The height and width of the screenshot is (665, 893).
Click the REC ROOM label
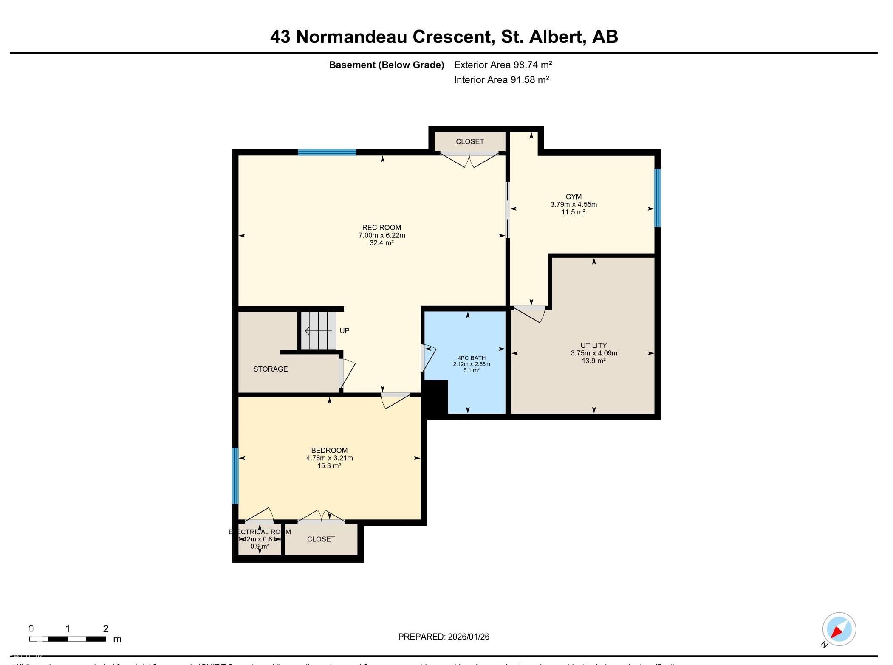(x=382, y=228)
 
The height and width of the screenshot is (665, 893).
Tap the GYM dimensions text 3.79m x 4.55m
(x=574, y=204)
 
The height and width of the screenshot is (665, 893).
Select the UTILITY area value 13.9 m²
(x=593, y=361)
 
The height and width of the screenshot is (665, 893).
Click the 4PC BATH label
(x=471, y=358)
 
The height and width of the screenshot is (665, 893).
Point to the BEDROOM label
(x=329, y=450)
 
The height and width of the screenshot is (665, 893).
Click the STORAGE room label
(x=271, y=369)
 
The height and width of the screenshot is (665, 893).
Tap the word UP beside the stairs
(x=345, y=330)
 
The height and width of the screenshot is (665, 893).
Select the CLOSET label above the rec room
(x=470, y=141)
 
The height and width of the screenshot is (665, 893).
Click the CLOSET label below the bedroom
(x=321, y=539)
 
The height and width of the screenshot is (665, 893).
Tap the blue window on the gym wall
(x=657, y=198)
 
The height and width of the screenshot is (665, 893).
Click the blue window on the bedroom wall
(x=235, y=476)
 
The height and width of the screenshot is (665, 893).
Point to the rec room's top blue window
(x=327, y=152)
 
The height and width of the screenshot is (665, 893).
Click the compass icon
(x=839, y=629)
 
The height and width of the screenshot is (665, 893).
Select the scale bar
(x=68, y=639)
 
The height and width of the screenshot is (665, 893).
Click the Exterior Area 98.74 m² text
(x=503, y=65)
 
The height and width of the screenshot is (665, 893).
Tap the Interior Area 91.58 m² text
(x=501, y=79)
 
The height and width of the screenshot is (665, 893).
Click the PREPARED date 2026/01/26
(x=468, y=637)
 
